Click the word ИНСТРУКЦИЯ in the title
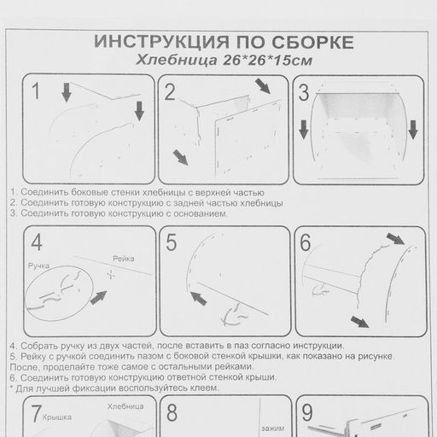click(161, 42)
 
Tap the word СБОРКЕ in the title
click(312, 43)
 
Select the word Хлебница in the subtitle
click(177, 60)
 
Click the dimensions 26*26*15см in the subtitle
click(267, 60)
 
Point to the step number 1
click(36, 91)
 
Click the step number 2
click(170, 92)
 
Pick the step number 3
click(304, 93)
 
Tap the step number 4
click(37, 242)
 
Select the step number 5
click(172, 242)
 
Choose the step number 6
click(306, 242)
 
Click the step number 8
click(172, 412)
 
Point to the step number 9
click(307, 412)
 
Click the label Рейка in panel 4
click(124, 259)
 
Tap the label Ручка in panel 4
click(38, 266)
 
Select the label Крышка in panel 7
click(57, 417)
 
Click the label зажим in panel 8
click(273, 428)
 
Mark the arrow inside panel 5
click(198, 298)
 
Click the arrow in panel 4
click(98, 298)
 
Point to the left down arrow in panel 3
click(304, 130)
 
